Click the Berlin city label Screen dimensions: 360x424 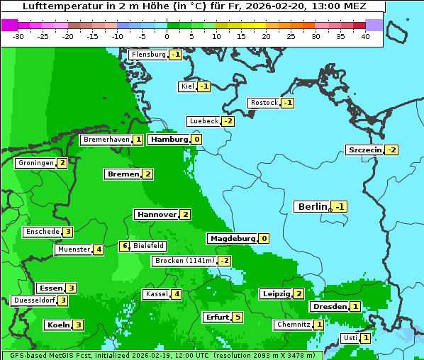[312, 206]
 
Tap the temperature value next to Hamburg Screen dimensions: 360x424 [196, 140]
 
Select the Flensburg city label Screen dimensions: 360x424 [148, 55]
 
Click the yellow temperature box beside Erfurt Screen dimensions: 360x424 [238, 317]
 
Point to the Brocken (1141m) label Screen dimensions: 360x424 [184, 261]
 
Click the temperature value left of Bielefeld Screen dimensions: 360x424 [124, 246]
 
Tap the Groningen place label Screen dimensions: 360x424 [35, 163]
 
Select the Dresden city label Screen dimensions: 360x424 [328, 307]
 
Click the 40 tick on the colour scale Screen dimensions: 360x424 [365, 36]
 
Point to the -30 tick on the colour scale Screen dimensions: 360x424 [18, 36]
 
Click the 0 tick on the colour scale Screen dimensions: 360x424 [167, 36]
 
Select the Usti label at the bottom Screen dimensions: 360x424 [350, 338]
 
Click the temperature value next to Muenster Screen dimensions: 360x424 [99, 249]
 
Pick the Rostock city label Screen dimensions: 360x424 [264, 103]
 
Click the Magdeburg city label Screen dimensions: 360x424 [231, 239]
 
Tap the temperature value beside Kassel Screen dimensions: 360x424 [177, 294]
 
